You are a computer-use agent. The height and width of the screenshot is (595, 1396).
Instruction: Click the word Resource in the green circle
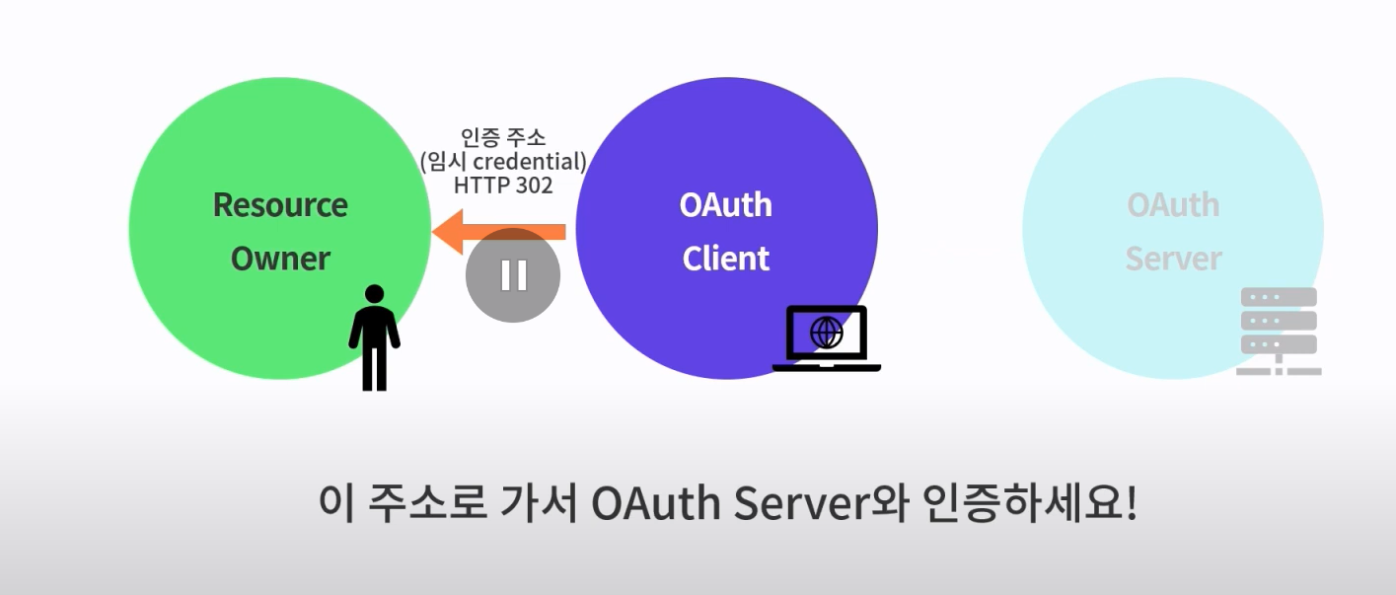click(280, 205)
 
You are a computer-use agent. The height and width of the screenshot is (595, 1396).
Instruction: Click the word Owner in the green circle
click(280, 259)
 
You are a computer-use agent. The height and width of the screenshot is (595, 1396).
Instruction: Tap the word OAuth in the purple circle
click(726, 205)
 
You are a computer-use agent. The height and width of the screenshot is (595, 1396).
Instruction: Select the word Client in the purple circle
click(726, 259)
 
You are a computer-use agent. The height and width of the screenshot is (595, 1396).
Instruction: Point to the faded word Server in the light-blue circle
click(1173, 259)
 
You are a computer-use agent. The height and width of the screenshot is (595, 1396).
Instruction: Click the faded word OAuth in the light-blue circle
click(1173, 205)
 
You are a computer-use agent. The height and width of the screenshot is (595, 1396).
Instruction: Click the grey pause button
click(513, 275)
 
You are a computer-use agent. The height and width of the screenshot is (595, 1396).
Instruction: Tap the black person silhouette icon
click(374, 340)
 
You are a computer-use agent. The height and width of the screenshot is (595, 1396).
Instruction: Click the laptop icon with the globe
click(826, 338)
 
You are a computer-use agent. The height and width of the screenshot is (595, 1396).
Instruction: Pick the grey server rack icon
click(1278, 331)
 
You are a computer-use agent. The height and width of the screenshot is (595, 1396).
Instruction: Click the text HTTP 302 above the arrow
click(503, 185)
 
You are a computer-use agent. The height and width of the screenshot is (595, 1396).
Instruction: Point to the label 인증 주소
click(503, 138)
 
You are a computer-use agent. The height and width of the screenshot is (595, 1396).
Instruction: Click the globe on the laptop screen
click(827, 333)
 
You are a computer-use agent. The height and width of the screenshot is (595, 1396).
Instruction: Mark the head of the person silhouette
click(374, 294)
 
